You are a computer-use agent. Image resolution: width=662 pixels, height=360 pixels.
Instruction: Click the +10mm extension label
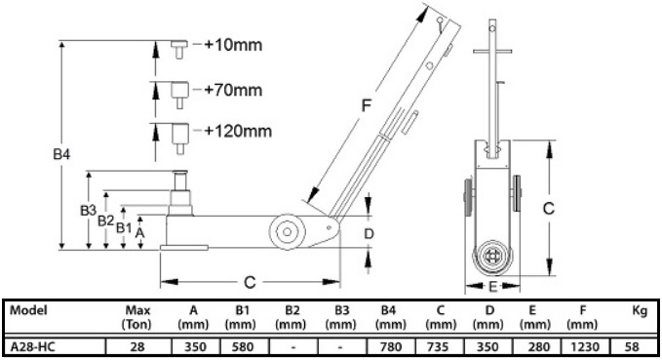click(233, 44)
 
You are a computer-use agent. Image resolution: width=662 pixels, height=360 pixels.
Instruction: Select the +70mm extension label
click(233, 90)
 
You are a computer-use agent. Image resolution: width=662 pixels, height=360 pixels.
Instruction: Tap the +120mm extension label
click(238, 131)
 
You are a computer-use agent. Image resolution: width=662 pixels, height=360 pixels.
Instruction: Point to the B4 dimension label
click(61, 154)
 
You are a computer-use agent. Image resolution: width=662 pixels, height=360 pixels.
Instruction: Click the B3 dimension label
click(89, 210)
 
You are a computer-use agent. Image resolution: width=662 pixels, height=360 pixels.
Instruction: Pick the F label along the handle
click(366, 104)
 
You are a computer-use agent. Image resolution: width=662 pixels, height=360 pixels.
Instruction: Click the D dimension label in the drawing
click(369, 233)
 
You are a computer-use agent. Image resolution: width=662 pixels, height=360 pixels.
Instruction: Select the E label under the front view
click(492, 287)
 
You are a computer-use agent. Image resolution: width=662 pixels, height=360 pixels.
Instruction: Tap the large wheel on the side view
click(287, 231)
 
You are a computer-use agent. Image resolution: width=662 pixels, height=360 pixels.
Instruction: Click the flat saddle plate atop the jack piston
click(180, 171)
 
